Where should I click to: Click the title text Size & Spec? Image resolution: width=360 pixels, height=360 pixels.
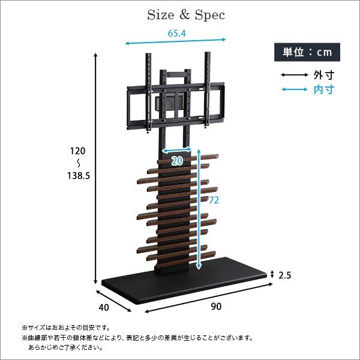186,15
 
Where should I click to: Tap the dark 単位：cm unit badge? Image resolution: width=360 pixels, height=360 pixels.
307,52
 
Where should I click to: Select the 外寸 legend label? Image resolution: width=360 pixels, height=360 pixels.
323,76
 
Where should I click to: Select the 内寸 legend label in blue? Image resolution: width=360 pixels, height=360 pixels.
323,90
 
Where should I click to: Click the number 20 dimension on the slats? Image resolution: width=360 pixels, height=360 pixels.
176,161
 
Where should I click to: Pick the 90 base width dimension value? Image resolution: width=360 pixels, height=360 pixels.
216,307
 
